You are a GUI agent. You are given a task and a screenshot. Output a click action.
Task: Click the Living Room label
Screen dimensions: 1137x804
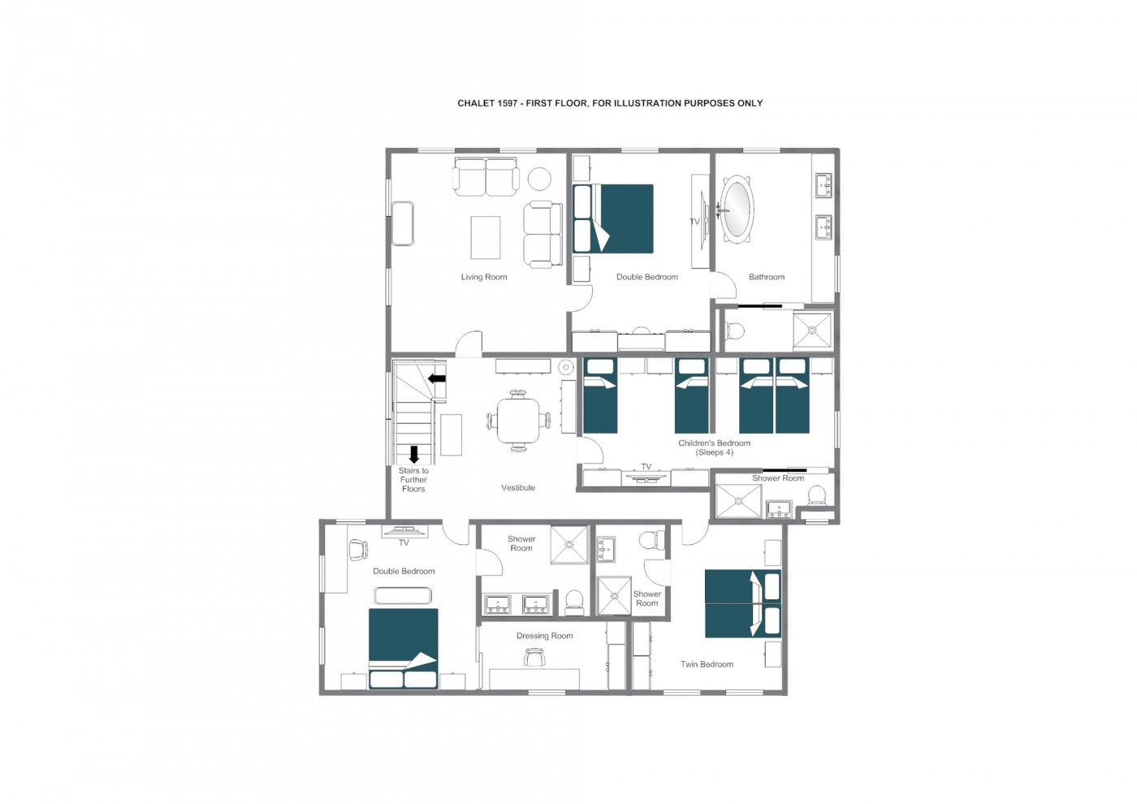[x=484, y=277]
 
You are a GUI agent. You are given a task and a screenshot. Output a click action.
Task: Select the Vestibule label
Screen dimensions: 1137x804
[x=518, y=488]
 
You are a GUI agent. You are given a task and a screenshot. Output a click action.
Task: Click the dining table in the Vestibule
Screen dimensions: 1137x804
[x=518, y=421]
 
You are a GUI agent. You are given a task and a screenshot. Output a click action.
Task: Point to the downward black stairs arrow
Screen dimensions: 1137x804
[x=414, y=454]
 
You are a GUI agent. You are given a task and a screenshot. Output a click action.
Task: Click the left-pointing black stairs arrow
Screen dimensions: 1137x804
[x=437, y=378]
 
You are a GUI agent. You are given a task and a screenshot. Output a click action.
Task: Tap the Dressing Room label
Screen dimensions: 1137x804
[x=545, y=636]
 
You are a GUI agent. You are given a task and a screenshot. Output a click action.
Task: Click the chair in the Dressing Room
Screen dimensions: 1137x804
[x=534, y=659]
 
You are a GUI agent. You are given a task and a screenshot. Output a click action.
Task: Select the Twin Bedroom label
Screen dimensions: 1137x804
[x=707, y=664]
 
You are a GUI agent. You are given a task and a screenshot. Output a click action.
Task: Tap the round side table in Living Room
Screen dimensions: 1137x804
[x=539, y=179]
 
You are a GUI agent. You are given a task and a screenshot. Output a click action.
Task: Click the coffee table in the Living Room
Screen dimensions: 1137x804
[x=486, y=237]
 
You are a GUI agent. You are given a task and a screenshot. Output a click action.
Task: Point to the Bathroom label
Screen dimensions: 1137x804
[x=767, y=277]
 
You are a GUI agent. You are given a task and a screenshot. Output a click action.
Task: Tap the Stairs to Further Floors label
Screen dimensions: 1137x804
[x=413, y=480]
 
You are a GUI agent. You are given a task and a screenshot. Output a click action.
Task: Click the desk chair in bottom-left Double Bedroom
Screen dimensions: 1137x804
[x=358, y=550]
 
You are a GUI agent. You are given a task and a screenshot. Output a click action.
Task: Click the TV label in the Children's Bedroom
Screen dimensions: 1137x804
[x=646, y=466]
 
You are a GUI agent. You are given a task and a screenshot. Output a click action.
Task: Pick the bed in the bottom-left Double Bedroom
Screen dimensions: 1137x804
[x=404, y=649]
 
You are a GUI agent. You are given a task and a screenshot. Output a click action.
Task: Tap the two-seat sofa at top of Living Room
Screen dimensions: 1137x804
[x=486, y=176]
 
